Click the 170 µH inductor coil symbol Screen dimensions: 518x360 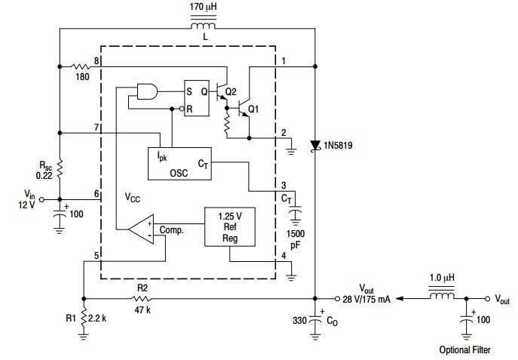tap(203, 24)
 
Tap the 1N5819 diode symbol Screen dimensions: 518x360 tap(315, 146)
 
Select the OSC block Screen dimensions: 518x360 tap(179, 164)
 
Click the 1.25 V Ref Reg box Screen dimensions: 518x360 tap(230, 226)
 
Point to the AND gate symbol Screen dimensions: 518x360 tap(147, 91)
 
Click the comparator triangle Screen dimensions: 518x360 tap(142, 229)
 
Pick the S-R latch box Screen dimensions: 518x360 tap(197, 98)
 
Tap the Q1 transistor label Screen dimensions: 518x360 tap(253, 109)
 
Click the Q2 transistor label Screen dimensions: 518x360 tap(231, 91)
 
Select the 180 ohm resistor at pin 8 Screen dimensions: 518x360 tap(79, 66)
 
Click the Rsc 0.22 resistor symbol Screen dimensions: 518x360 tap(60, 169)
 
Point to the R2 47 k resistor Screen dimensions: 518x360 tap(142, 299)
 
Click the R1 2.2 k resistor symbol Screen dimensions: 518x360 tap(84, 318)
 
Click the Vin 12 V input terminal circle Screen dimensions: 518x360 tap(41, 200)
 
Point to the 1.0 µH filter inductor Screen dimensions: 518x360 tap(442, 294)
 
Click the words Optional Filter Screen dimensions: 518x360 tap(464, 349)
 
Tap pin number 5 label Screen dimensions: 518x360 tap(97, 256)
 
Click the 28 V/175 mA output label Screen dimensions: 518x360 tap(366, 299)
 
